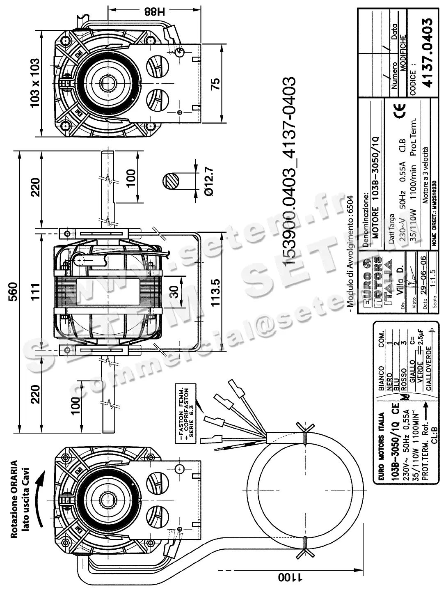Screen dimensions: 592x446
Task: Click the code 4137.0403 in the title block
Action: (427, 52)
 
